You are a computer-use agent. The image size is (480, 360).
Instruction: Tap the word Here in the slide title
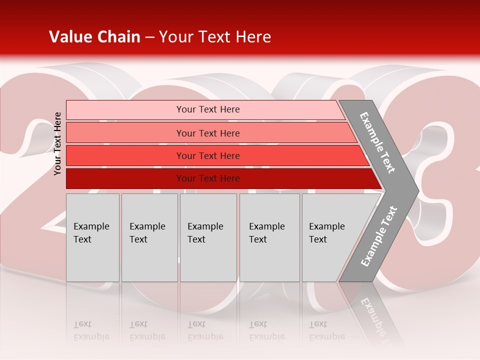pos(253,37)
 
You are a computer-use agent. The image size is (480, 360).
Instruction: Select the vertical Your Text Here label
pos(58,143)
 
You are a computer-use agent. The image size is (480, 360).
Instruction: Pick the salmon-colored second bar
pos(208,133)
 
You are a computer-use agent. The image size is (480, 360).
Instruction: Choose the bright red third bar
pos(208,155)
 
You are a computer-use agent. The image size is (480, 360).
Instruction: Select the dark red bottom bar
pos(208,178)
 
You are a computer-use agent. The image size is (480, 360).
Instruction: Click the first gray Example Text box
pos(92,237)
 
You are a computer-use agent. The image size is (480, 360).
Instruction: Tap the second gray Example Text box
pos(149,237)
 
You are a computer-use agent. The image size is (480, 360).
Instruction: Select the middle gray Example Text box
pos(208,237)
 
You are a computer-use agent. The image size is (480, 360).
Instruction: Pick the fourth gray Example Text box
pos(269,237)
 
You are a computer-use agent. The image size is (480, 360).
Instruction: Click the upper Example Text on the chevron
pos(378,142)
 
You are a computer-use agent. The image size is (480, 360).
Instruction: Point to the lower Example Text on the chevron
pos(379,236)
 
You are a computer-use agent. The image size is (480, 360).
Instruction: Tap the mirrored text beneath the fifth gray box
pos(326,330)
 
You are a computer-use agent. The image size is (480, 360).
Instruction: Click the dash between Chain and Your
pos(149,37)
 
